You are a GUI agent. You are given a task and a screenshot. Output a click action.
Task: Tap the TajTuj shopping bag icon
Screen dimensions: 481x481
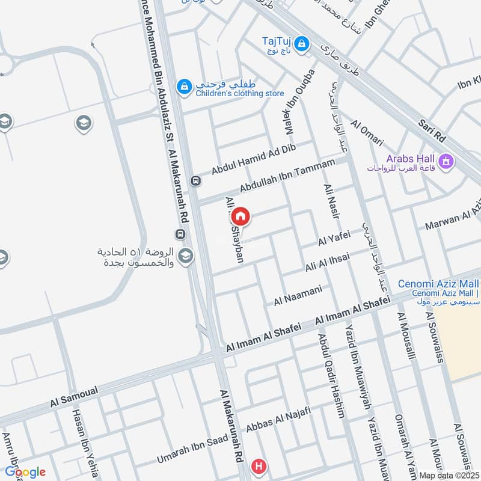coord(302,43)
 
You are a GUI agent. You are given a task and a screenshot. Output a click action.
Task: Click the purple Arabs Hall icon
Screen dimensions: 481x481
coord(446,161)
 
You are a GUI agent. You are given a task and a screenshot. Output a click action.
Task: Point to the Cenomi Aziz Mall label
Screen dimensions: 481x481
coord(438,284)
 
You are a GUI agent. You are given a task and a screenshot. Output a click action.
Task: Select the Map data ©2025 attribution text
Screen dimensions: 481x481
coord(449,474)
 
